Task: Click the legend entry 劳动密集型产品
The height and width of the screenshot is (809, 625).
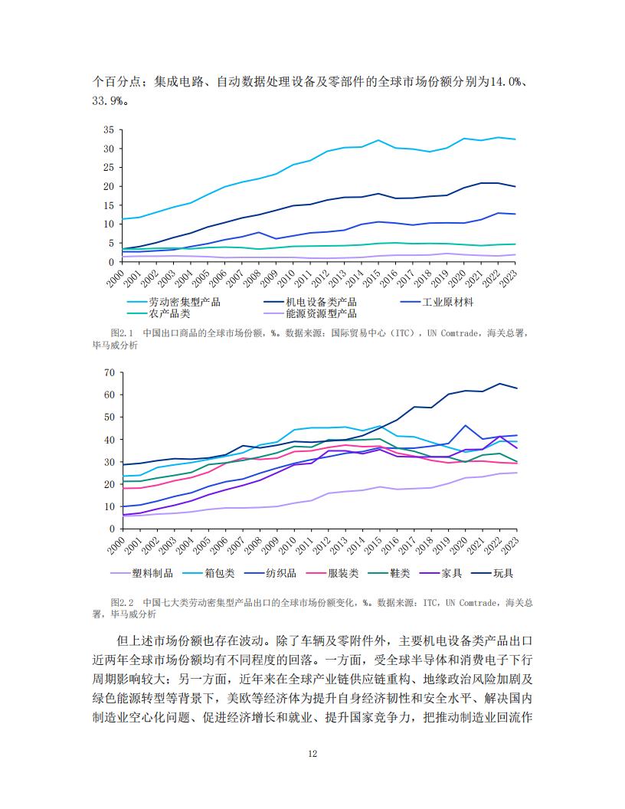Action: [x=174, y=302]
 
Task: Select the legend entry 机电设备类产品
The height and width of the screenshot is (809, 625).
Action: [x=310, y=302]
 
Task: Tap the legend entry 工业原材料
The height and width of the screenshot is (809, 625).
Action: [x=437, y=302]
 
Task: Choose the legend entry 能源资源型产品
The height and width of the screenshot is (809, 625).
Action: [x=310, y=313]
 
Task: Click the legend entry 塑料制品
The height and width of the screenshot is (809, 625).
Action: [x=142, y=573]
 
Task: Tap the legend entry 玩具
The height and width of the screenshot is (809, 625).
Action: [x=492, y=573]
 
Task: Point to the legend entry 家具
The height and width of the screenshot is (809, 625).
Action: [x=441, y=573]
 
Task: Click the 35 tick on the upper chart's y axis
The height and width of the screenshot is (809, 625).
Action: [x=108, y=129]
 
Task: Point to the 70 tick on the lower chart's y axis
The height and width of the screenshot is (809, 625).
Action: [x=110, y=372]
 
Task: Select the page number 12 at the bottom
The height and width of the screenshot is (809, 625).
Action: [x=312, y=754]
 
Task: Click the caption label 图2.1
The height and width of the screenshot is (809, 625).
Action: [x=122, y=333]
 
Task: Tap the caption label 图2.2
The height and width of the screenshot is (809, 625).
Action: [x=122, y=603]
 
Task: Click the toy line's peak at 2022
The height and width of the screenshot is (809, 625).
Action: [x=499, y=383]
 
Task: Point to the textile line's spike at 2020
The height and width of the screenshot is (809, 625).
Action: [x=466, y=425]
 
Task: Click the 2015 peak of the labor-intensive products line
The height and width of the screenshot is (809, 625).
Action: [x=378, y=140]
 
